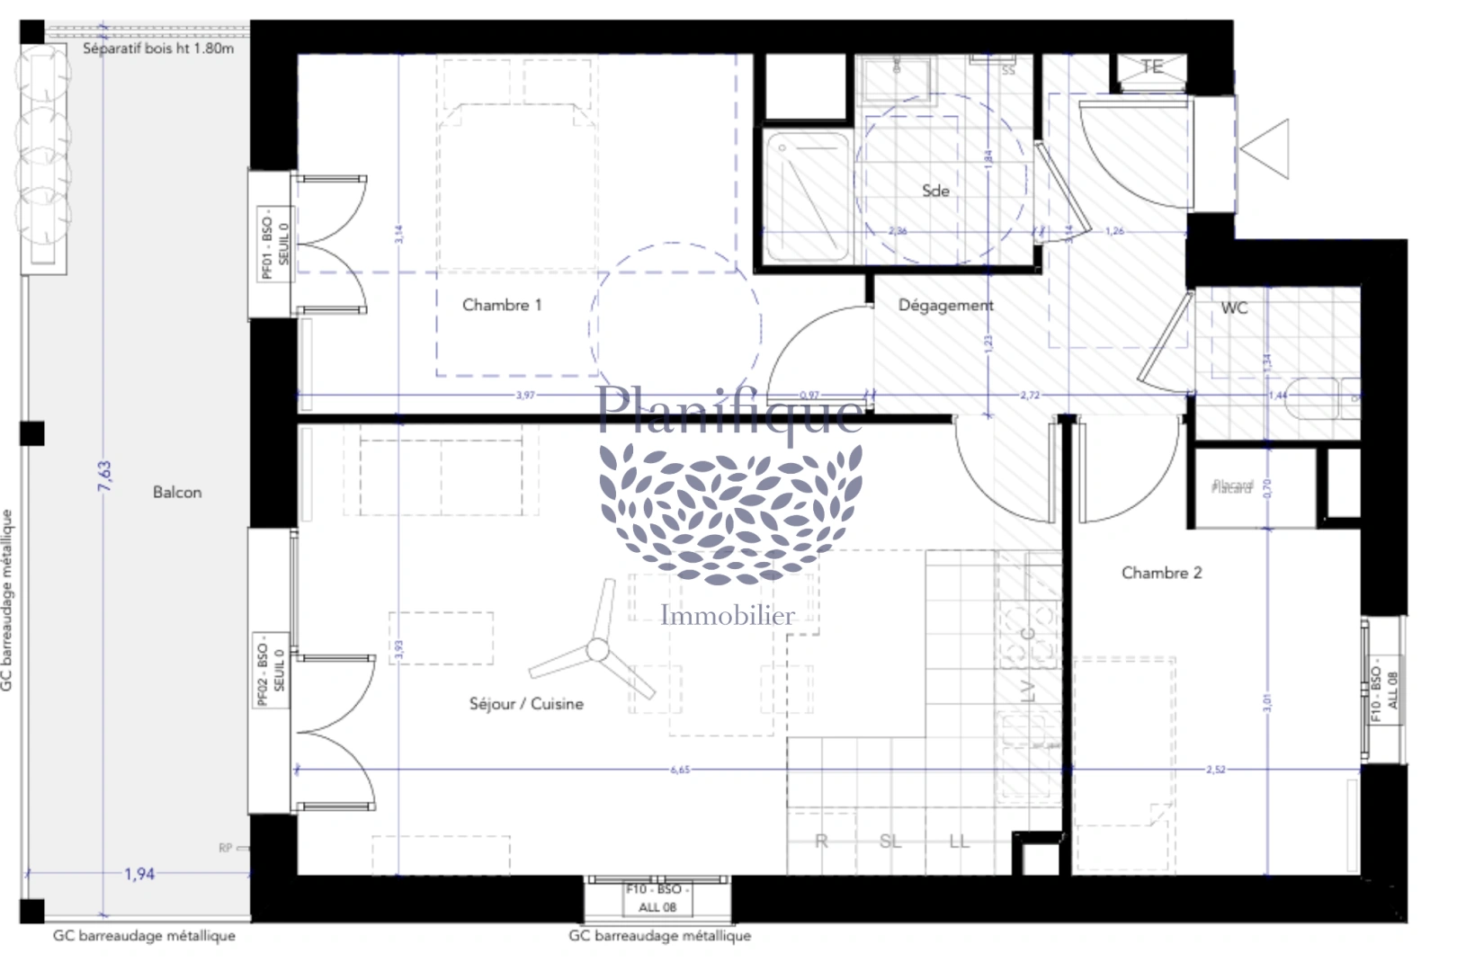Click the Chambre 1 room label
tap(502, 305)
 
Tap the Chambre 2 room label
tap(1161, 573)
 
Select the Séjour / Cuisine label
tap(526, 704)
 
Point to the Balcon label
tap(177, 492)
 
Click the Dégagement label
tap(945, 305)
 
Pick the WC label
tap(1234, 307)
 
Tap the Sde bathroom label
tap(935, 191)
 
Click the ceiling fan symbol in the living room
tap(594, 650)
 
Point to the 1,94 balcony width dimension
tap(139, 874)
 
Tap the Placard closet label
tap(1231, 486)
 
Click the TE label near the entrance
tap(1152, 67)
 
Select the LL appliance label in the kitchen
tap(959, 842)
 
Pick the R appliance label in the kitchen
tap(820, 842)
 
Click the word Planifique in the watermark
tap(730, 410)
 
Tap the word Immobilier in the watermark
tap(728, 616)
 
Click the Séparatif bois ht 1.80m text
tap(158, 49)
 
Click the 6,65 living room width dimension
tap(680, 770)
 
